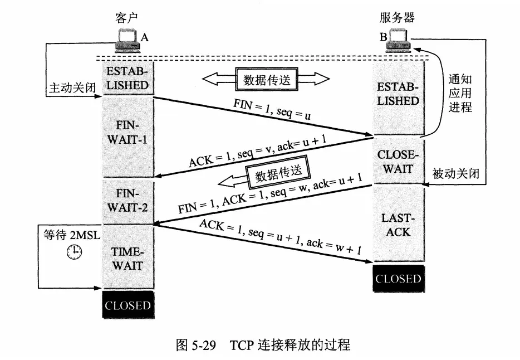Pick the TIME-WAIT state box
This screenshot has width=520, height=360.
(127, 258)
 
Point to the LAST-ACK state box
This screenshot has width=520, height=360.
(398, 223)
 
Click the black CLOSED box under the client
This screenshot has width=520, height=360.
(127, 305)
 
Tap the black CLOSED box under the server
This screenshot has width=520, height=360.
(398, 279)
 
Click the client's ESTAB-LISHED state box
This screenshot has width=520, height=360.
(127, 79)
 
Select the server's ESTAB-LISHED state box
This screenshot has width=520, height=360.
(398, 94)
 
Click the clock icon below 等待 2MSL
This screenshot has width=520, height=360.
(73, 253)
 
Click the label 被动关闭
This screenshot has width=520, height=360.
(455, 174)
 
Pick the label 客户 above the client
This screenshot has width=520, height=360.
(124, 18)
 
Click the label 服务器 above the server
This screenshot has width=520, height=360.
(397, 18)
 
